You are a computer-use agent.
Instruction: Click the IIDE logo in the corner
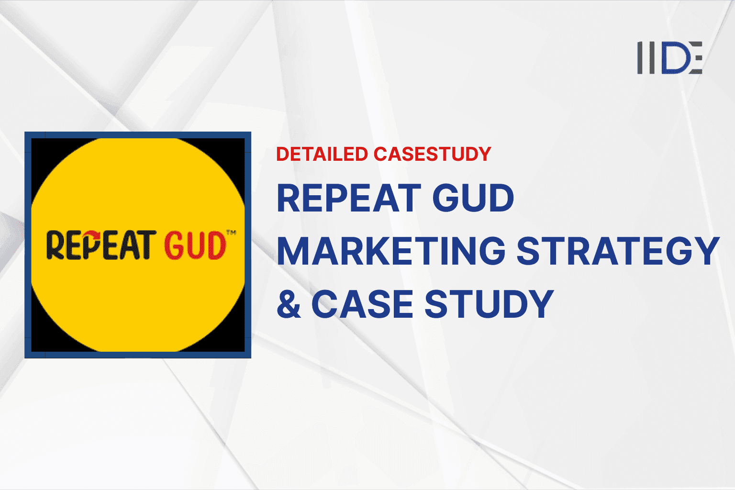tap(669, 57)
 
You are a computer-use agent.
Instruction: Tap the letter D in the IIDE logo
tap(674, 57)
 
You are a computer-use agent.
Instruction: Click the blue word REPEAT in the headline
tap(349, 198)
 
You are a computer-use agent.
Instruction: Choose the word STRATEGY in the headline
tap(618, 251)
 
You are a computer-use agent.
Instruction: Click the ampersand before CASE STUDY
tap(289, 304)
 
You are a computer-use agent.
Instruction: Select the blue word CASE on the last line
tap(362, 304)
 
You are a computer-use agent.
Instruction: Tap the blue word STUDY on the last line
tap(489, 304)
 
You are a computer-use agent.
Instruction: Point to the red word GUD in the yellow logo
tap(195, 245)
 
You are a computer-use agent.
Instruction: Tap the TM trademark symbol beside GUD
tap(231, 233)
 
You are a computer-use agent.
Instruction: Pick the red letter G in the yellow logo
tap(175, 245)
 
